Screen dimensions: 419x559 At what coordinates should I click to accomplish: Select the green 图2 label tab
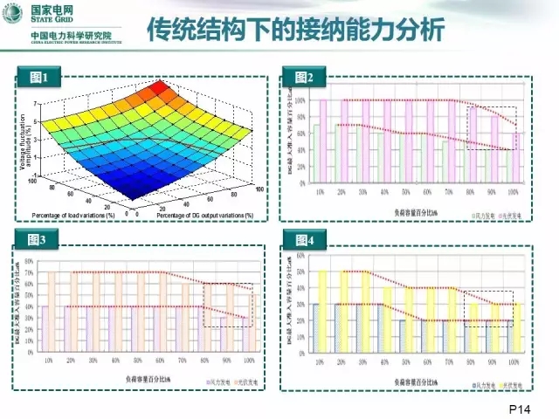pyautogui.click(x=300, y=79)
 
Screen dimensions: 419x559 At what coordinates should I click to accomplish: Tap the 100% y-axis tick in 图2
pyautogui.click(x=300, y=100)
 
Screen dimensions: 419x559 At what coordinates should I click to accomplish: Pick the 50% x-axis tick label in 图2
pyautogui.click(x=407, y=191)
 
